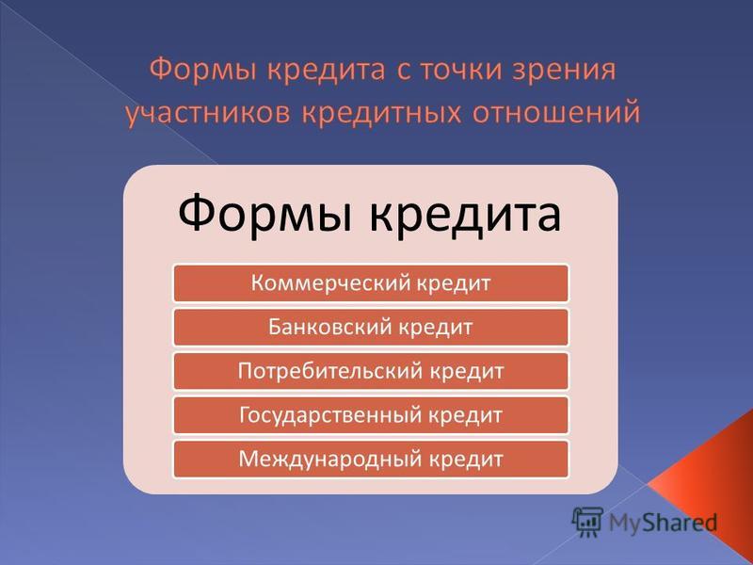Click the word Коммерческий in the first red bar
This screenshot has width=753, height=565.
[331, 283]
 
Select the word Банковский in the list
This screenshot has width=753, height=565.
[331, 327]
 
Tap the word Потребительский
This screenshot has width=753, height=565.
[331, 371]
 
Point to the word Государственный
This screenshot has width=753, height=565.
[330, 415]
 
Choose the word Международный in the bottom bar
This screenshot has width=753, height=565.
[331, 460]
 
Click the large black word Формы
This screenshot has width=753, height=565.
[268, 214]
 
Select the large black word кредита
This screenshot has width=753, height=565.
[465, 215]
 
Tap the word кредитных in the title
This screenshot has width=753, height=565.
[382, 113]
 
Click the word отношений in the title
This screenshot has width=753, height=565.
[556, 113]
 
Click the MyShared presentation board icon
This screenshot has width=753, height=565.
[587, 522]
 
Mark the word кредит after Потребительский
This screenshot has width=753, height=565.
[466, 371]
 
